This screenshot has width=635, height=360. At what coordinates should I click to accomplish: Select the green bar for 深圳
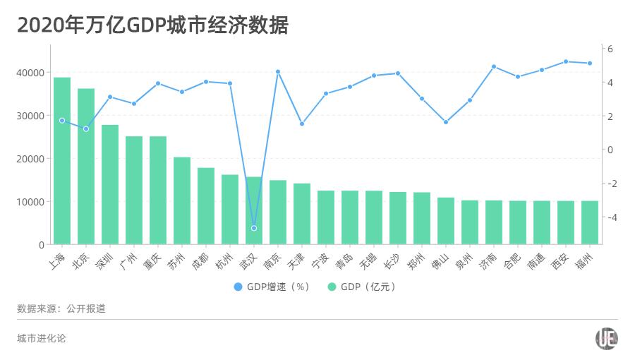[110, 185]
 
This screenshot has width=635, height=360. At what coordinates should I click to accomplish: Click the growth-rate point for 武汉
[254, 228]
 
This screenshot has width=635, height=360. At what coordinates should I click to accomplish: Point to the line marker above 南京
[278, 72]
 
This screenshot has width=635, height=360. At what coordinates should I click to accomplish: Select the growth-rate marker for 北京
[86, 129]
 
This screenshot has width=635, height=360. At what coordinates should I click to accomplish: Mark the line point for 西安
[566, 61]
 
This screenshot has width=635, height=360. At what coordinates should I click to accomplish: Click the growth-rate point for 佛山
[446, 122]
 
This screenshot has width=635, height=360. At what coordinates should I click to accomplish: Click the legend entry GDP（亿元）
[361, 287]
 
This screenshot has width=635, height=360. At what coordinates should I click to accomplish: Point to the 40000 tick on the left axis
[31, 73]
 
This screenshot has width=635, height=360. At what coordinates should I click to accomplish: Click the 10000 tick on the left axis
[31, 202]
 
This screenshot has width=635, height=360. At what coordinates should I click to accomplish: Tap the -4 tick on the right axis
[611, 217]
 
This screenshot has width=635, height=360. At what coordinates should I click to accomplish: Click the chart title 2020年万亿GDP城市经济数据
[152, 25]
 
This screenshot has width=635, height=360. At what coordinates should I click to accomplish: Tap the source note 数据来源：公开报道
[61, 309]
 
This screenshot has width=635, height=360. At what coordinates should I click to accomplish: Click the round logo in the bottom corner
[607, 339]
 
